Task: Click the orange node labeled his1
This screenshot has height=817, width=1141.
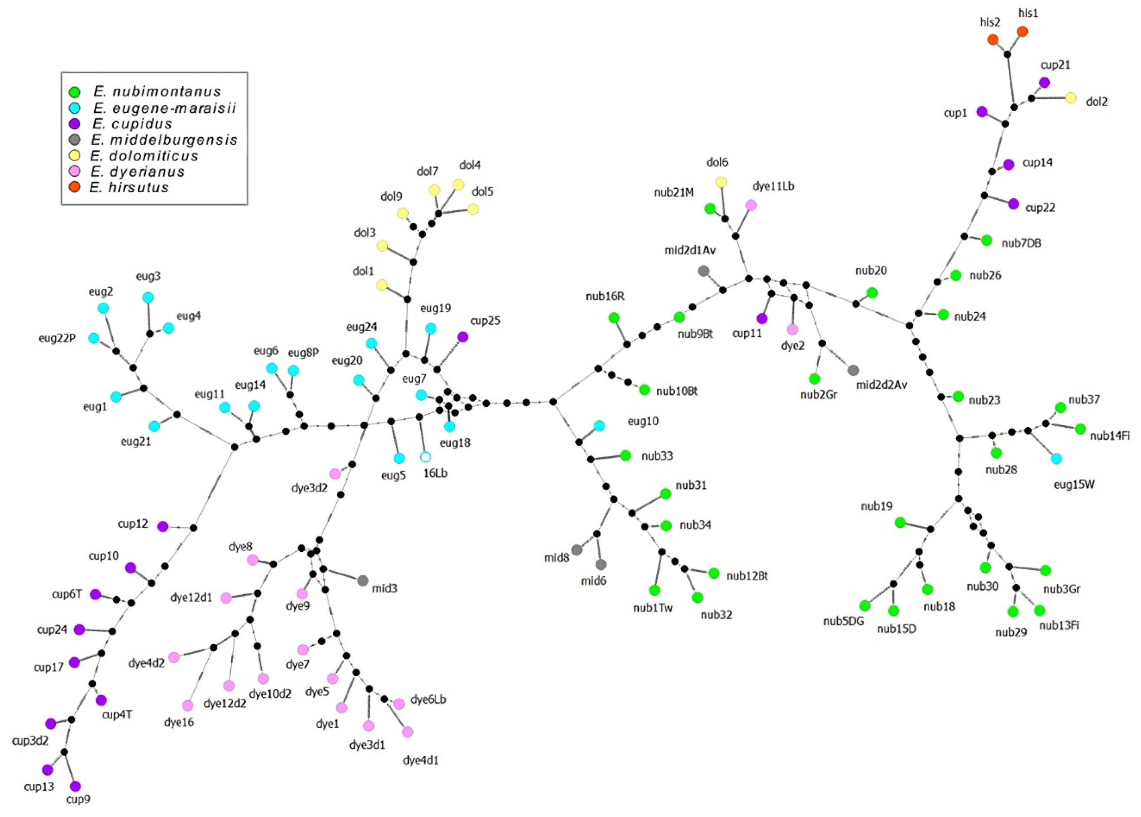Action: [x=1022, y=32]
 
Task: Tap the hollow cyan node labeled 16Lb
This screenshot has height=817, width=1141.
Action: [x=425, y=457]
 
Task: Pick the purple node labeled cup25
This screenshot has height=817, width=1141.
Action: [x=462, y=337]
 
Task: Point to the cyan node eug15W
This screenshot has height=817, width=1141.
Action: [x=1057, y=458]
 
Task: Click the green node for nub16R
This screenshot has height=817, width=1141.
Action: [x=614, y=318]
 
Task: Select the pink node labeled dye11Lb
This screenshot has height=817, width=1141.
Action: [x=751, y=205]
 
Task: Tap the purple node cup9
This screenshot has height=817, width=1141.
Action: [x=76, y=786]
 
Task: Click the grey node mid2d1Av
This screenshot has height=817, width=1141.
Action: [x=704, y=271]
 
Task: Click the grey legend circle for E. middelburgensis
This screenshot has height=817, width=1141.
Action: [x=75, y=139]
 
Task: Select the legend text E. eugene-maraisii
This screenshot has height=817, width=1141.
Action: [x=164, y=108]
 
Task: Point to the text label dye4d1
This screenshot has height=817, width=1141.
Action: [x=421, y=760]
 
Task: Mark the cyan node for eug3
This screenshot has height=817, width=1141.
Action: [x=148, y=297]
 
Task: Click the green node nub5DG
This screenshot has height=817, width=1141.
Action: [x=864, y=605]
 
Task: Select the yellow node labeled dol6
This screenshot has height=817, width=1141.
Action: [x=721, y=181]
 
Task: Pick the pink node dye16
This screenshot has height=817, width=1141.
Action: [x=188, y=705]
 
